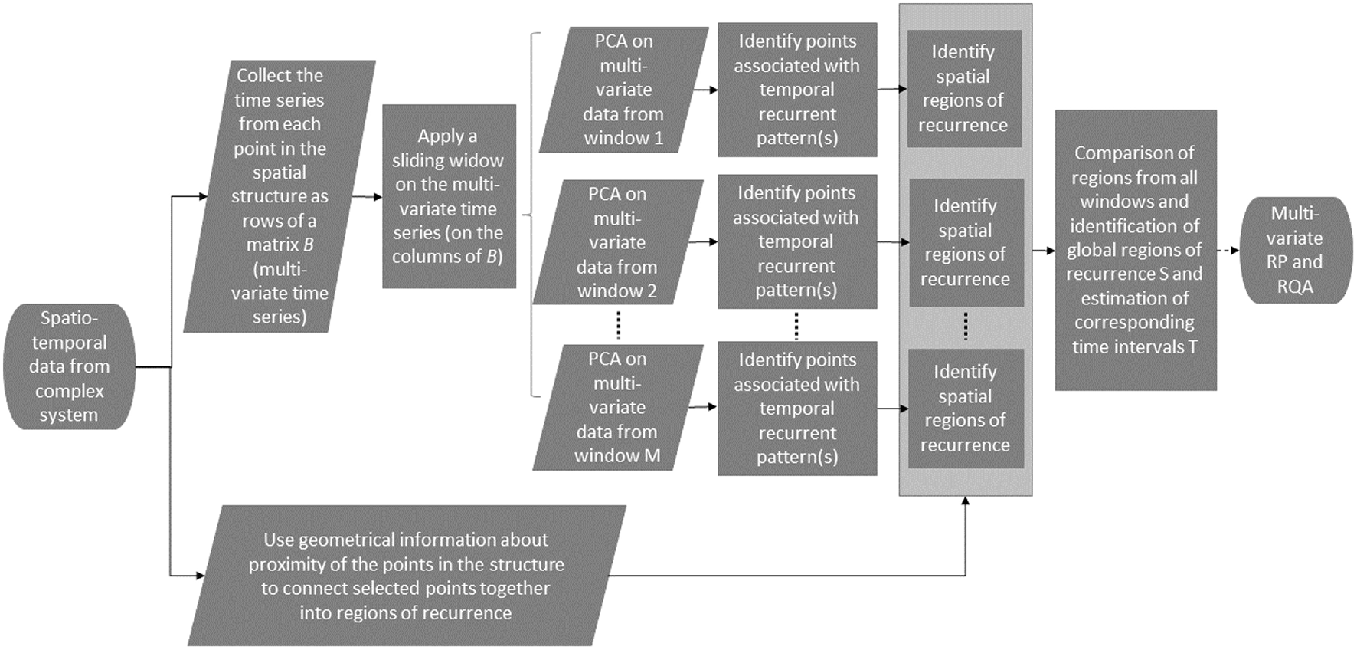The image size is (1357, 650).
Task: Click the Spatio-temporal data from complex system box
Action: pyautogui.click(x=69, y=366)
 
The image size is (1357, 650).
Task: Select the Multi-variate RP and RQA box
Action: pyautogui.click(x=1294, y=250)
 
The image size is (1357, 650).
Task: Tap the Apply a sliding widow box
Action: pyautogui.click(x=449, y=196)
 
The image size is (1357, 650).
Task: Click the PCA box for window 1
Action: pyautogui.click(x=623, y=90)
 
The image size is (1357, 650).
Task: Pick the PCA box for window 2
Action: pyautogui.click(x=617, y=242)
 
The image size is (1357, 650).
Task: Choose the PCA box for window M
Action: pyautogui.click(x=617, y=407)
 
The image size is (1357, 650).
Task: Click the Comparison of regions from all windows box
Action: pyautogui.click(x=1135, y=250)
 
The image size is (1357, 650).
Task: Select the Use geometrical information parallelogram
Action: pyautogui.click(x=406, y=576)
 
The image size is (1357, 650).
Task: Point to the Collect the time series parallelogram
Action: pyautogui.click(x=280, y=196)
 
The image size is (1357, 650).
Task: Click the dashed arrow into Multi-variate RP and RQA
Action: pyautogui.click(x=1228, y=251)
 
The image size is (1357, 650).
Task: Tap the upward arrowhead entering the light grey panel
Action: pyautogui.click(x=965, y=501)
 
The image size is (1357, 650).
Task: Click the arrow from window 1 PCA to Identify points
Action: pyautogui.click(x=705, y=90)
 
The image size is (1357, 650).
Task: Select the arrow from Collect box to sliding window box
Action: pyautogui.click(x=367, y=197)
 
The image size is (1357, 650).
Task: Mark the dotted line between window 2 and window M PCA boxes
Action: pyautogui.click(x=619, y=325)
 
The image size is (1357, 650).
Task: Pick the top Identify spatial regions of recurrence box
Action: pyautogui.click(x=964, y=89)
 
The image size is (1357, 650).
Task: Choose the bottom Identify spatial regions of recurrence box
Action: pyautogui.click(x=965, y=409)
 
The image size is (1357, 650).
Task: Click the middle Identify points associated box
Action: pyautogui.click(x=796, y=242)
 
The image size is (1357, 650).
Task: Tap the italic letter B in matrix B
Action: pyautogui.click(x=308, y=245)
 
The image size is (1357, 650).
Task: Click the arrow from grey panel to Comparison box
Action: pyautogui.click(x=1043, y=251)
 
